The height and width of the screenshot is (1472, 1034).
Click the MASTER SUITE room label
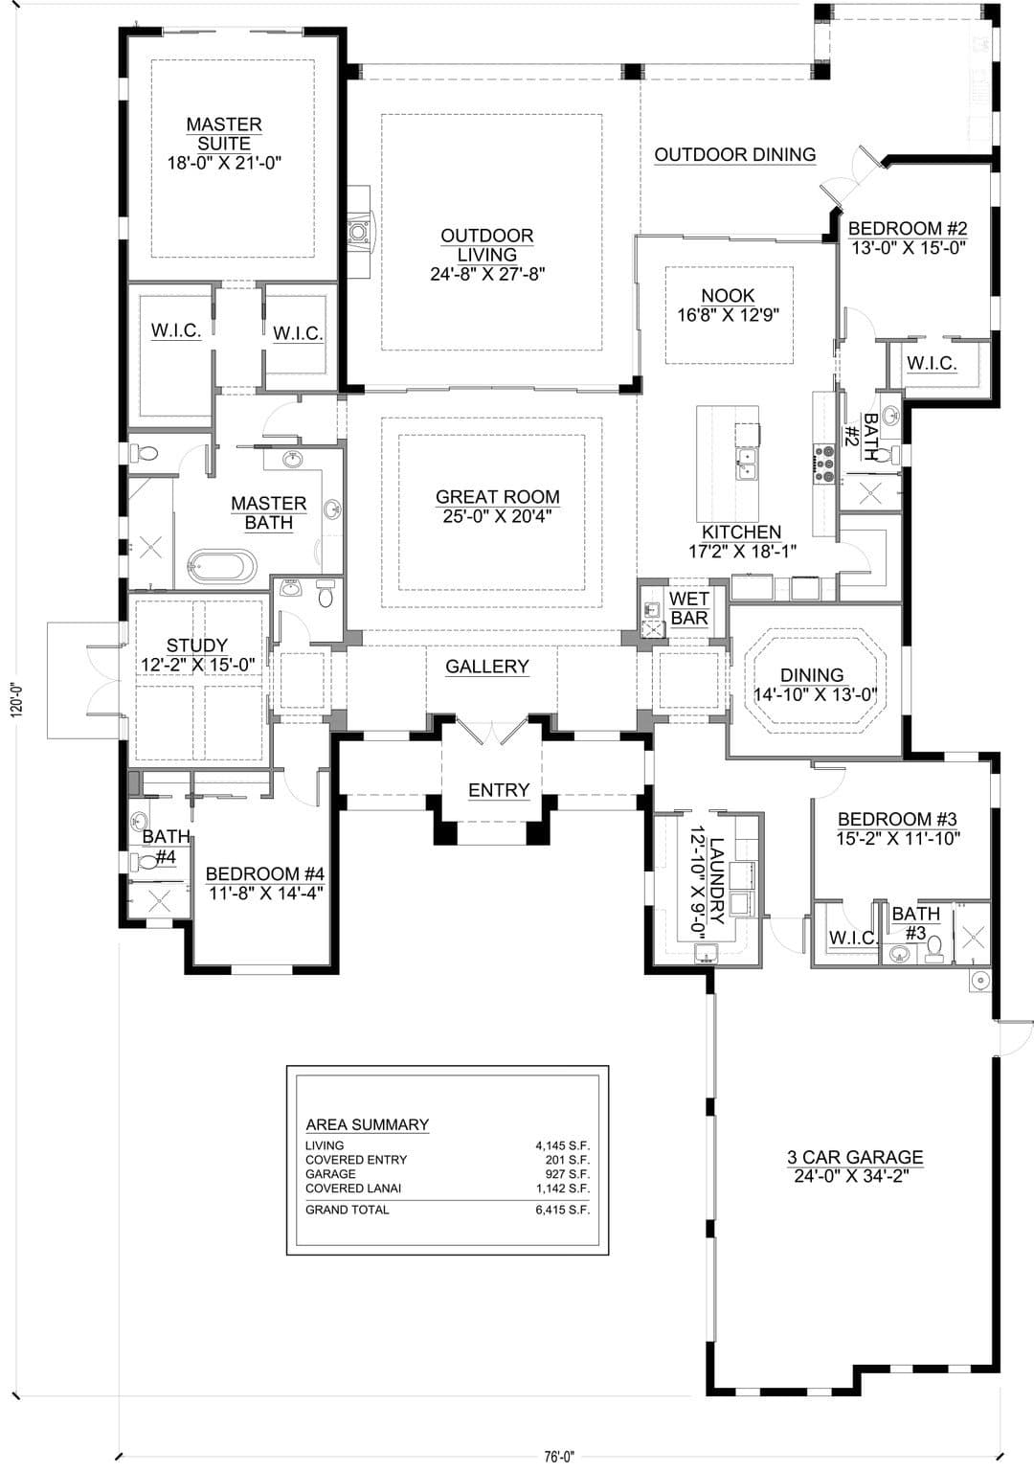224,134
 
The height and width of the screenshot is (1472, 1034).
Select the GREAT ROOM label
497,497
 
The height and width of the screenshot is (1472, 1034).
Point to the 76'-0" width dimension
559,1457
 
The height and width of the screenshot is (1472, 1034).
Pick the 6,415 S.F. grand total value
562,1210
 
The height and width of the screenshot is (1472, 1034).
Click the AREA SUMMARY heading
368,1124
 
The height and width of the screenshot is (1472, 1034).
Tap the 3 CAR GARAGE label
855,1157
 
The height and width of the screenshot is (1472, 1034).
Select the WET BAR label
689,608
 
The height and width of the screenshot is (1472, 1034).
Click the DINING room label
812,675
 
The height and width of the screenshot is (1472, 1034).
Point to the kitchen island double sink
746,464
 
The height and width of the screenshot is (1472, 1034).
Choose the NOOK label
728,296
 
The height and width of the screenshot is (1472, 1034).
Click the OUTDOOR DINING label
735,154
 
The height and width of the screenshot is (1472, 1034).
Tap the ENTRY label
499,790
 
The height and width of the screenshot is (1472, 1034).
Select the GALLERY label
486,667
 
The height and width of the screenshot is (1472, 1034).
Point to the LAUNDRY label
717,881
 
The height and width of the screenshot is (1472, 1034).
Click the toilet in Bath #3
934,948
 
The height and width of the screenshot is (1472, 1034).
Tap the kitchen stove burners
823,464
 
